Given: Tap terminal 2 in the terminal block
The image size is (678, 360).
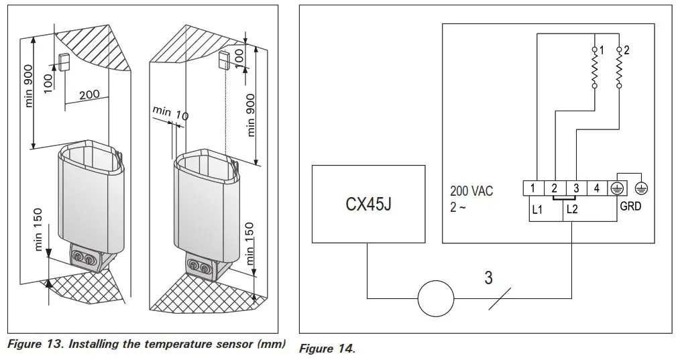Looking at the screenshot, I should point(554,189).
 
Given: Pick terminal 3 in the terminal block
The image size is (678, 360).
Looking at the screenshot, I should point(575,189).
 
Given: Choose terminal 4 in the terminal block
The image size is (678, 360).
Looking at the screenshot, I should point(596,189).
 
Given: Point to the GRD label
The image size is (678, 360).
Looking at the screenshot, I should point(630,206).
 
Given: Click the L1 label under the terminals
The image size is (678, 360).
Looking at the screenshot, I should point(536,209).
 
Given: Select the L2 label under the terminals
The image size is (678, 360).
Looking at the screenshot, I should point(572,209).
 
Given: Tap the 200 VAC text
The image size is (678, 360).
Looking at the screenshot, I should point(471,192).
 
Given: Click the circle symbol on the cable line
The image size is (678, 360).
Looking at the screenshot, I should point(436,297).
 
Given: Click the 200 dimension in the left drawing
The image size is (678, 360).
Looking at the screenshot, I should point(89,95).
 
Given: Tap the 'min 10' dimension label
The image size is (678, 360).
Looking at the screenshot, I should point(170,113).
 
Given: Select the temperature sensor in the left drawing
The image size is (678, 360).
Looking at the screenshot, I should point(64,62).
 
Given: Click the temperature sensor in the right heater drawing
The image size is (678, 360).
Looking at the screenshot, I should point(224,61).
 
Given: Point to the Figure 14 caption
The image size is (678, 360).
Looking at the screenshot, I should point(327,349).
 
